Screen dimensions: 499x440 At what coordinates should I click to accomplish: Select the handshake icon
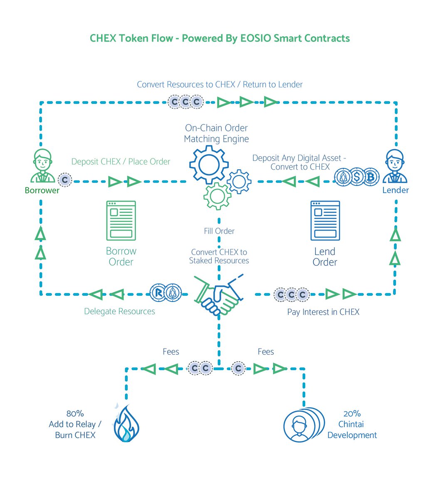point(219,294)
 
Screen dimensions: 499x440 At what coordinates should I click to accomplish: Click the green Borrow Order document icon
point(121,220)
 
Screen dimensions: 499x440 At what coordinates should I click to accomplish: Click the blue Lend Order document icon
point(325,220)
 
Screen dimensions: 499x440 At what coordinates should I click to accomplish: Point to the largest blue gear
point(208,165)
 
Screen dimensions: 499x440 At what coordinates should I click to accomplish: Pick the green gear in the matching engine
point(217,196)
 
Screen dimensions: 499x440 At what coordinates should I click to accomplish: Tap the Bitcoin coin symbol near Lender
point(371,178)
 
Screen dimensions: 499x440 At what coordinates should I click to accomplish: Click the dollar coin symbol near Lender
point(357,178)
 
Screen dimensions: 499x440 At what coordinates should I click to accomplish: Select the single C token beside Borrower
point(65,180)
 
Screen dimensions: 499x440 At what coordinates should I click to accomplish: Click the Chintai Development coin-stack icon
point(303,425)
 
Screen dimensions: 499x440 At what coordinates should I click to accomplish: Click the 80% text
point(75,414)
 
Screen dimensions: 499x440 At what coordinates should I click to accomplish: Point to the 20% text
point(352,414)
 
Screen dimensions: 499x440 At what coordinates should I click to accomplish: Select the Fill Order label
point(219,231)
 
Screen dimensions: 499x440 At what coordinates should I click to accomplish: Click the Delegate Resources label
point(119,311)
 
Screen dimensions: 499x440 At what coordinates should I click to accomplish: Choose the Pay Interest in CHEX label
point(323,312)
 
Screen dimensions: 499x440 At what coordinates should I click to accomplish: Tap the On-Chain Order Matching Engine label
point(216,133)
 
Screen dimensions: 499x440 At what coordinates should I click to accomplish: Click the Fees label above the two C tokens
point(171,352)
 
